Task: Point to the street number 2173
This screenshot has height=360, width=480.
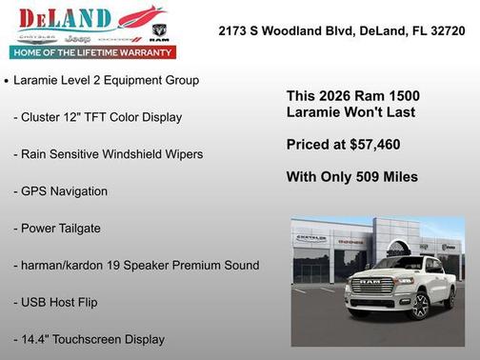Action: coord(235,30)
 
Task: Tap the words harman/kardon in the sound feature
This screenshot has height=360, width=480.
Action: coord(82,265)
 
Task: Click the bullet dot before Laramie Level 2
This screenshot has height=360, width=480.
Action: coord(7,81)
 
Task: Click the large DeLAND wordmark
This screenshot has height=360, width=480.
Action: coord(64,19)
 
